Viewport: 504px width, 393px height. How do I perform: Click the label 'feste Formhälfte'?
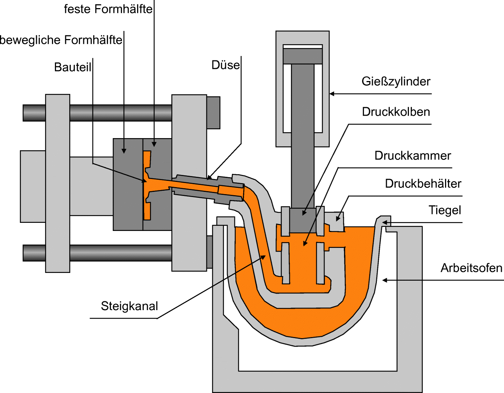pyautogui.click(x=108, y=9)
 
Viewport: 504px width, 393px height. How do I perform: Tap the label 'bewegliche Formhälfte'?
pyautogui.click(x=61, y=40)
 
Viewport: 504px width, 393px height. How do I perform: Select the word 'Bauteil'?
pyautogui.click(x=73, y=67)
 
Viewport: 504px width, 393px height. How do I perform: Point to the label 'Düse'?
pyautogui.click(x=225, y=65)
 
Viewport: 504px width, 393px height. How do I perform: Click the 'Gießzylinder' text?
pyautogui.click(x=396, y=81)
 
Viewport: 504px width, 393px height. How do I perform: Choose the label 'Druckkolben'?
pyautogui.click(x=396, y=112)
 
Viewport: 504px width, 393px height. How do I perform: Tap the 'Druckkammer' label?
pyautogui.click(x=412, y=155)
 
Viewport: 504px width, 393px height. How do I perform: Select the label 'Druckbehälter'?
pyautogui.click(x=423, y=183)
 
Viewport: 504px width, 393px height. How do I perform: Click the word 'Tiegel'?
pyautogui.click(x=445, y=210)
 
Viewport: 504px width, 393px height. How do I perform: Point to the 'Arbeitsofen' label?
pyautogui.click(x=471, y=268)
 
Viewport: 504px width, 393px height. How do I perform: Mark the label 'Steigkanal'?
pyautogui.click(x=129, y=306)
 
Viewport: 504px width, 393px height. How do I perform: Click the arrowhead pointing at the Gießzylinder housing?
pyautogui.click(x=332, y=94)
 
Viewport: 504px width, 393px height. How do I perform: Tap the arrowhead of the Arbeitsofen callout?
pyautogui.click(x=385, y=280)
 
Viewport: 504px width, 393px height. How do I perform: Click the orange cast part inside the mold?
pyautogui.click(x=147, y=184)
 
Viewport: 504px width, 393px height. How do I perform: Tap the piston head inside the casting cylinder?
pyautogui.click(x=302, y=56)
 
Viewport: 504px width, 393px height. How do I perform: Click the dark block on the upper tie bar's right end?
pyautogui.click(x=213, y=112)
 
